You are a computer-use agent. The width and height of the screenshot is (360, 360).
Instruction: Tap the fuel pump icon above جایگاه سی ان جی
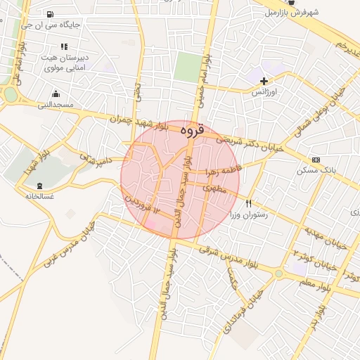49,15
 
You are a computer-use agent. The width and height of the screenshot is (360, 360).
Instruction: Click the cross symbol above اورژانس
264,82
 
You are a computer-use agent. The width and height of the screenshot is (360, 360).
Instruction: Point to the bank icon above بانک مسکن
315,160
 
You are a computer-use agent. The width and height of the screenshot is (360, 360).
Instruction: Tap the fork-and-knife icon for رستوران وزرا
247,204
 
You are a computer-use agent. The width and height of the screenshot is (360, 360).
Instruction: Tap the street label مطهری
214,188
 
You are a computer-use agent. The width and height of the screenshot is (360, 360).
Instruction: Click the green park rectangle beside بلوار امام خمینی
187,67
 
